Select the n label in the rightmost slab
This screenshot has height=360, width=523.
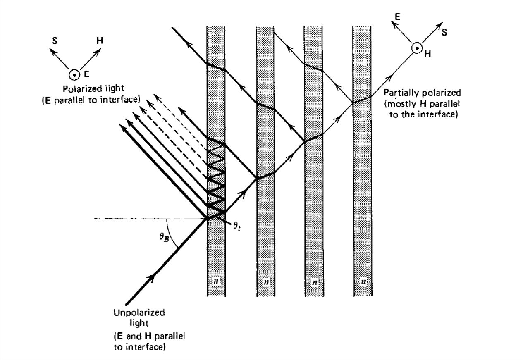click(363, 282)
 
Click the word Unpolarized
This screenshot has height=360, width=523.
click(139, 312)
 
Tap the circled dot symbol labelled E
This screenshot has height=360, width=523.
click(74, 75)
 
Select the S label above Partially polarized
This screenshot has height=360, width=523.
click(444, 32)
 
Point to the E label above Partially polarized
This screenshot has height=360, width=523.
click(397, 17)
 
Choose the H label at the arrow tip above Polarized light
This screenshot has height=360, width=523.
click(100, 41)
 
